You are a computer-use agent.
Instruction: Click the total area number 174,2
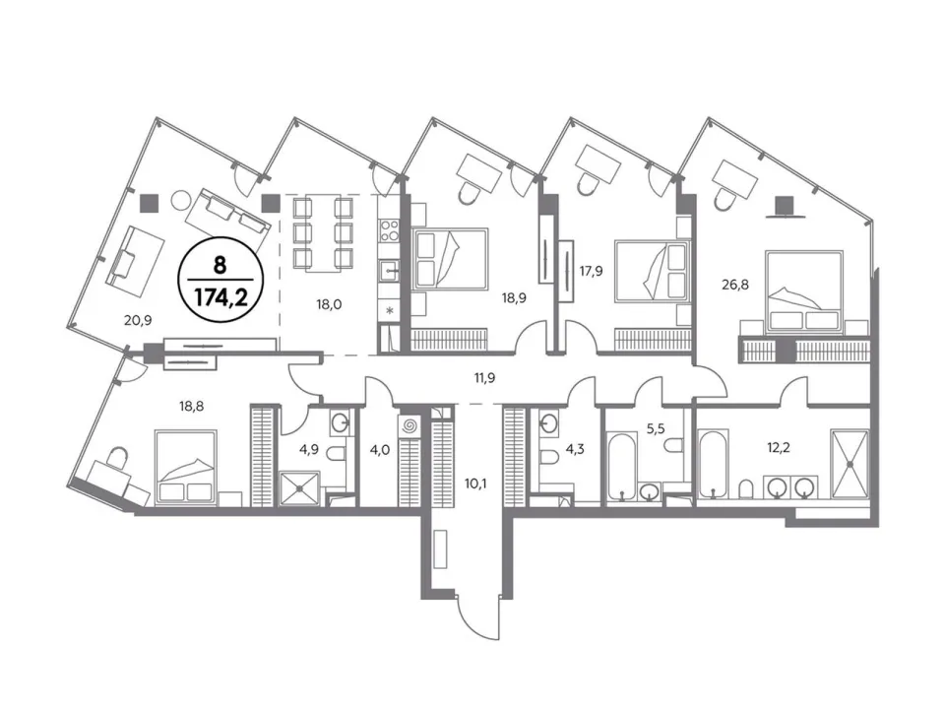220,296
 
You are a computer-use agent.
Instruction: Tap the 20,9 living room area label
138,320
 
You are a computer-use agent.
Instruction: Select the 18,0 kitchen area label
329,304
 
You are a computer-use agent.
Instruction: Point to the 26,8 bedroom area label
735,284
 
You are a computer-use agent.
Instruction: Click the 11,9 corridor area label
484,378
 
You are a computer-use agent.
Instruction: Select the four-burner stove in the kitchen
390,230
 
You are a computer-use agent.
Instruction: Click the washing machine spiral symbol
409,426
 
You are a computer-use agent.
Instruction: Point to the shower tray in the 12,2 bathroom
850,464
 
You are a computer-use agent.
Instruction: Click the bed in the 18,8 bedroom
186,467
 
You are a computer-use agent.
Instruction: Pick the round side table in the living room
180,200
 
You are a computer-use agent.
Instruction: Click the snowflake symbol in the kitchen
390,311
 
